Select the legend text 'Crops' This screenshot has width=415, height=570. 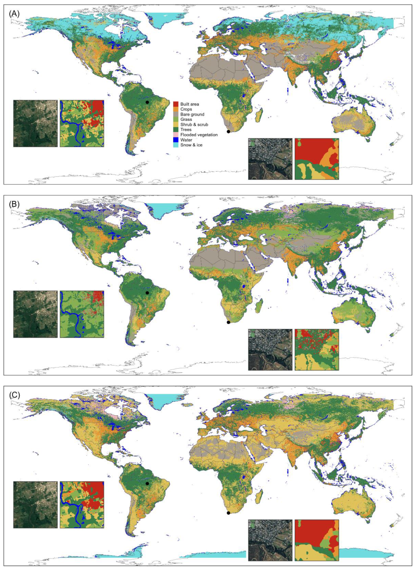point(186,109)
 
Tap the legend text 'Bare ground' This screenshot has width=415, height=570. point(192,114)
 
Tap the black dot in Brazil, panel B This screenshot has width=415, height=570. point(147,293)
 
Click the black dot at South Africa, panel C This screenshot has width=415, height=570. point(228,513)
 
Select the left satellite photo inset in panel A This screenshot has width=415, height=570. point(35,123)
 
